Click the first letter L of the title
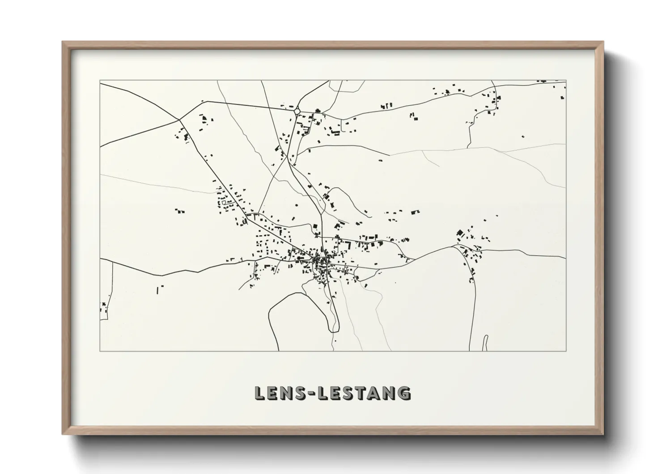(x=259, y=393)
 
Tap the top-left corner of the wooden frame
(x=63, y=42)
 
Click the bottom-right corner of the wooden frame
(x=603, y=434)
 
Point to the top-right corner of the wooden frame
(x=603, y=42)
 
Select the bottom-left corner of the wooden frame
(x=63, y=434)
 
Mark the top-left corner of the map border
(x=100, y=81)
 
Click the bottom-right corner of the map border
(x=566, y=351)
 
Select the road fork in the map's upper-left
(x=179, y=120)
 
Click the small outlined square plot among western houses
(x=224, y=203)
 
